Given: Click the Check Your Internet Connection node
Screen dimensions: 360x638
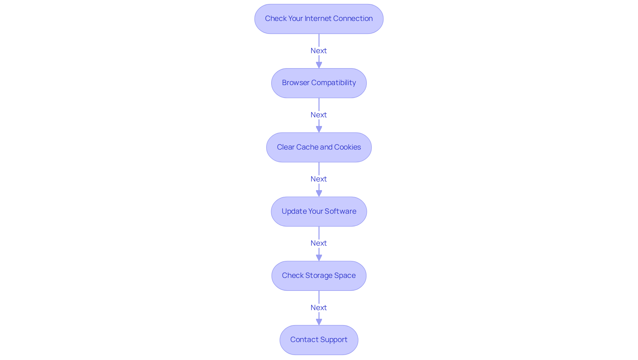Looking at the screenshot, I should click(319, 19).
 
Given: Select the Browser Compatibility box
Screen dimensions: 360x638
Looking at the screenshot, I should click(319, 83).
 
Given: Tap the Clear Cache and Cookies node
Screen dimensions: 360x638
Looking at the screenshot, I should click(319, 147).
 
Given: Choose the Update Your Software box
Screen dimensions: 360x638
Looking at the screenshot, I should click(319, 211).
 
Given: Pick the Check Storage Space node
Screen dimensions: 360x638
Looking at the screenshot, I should click(319, 276).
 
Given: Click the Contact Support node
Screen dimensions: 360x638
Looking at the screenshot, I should click(319, 340).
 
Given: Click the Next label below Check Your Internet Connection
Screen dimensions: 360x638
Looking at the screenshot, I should click(318, 51).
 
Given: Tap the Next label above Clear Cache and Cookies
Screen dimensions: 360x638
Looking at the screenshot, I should click(318, 115).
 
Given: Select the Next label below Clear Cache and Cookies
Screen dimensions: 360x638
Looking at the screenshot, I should click(318, 179).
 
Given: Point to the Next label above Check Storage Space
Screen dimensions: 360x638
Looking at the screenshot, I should click(318, 243).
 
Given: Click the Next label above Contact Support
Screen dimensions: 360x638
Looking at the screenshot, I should click(318, 307).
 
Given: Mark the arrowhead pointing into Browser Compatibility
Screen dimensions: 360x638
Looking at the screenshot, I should click(319, 65).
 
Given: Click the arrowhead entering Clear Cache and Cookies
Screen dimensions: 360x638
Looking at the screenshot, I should click(319, 129).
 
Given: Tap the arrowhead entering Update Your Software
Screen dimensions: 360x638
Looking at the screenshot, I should click(319, 193).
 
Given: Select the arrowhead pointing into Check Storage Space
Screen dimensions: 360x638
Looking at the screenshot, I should click(319, 257).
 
